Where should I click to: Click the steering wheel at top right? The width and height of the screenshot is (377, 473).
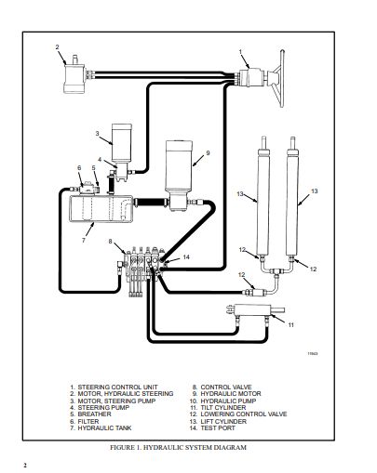pyautogui.click(x=280, y=79)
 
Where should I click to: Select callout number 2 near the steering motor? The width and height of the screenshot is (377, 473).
pyautogui.click(x=57, y=47)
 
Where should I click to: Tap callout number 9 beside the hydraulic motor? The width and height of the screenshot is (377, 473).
pyautogui.click(x=208, y=153)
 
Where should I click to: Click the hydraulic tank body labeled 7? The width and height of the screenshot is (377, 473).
pyautogui.click(x=101, y=208)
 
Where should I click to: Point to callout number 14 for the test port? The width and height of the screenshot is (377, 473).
pyautogui.click(x=186, y=257)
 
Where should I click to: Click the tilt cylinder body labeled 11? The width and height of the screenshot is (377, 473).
pyautogui.click(x=252, y=309)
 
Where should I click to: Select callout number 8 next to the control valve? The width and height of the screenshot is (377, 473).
pyautogui.click(x=110, y=241)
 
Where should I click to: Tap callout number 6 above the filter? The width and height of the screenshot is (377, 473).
pyautogui.click(x=79, y=167)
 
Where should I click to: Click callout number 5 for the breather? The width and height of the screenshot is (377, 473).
pyautogui.click(x=93, y=167)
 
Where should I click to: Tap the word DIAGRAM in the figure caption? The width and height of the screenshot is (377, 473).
pyautogui.click(x=230, y=448)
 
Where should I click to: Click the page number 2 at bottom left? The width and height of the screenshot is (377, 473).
pyautogui.click(x=25, y=466)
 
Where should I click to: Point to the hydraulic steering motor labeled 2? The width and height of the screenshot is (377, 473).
pyautogui.click(x=74, y=75)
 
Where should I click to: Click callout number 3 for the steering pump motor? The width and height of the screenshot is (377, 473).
pyautogui.click(x=97, y=134)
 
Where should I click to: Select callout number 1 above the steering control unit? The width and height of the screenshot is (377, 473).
pyautogui.click(x=240, y=52)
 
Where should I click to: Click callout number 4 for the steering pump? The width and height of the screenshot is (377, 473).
pyautogui.click(x=100, y=160)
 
